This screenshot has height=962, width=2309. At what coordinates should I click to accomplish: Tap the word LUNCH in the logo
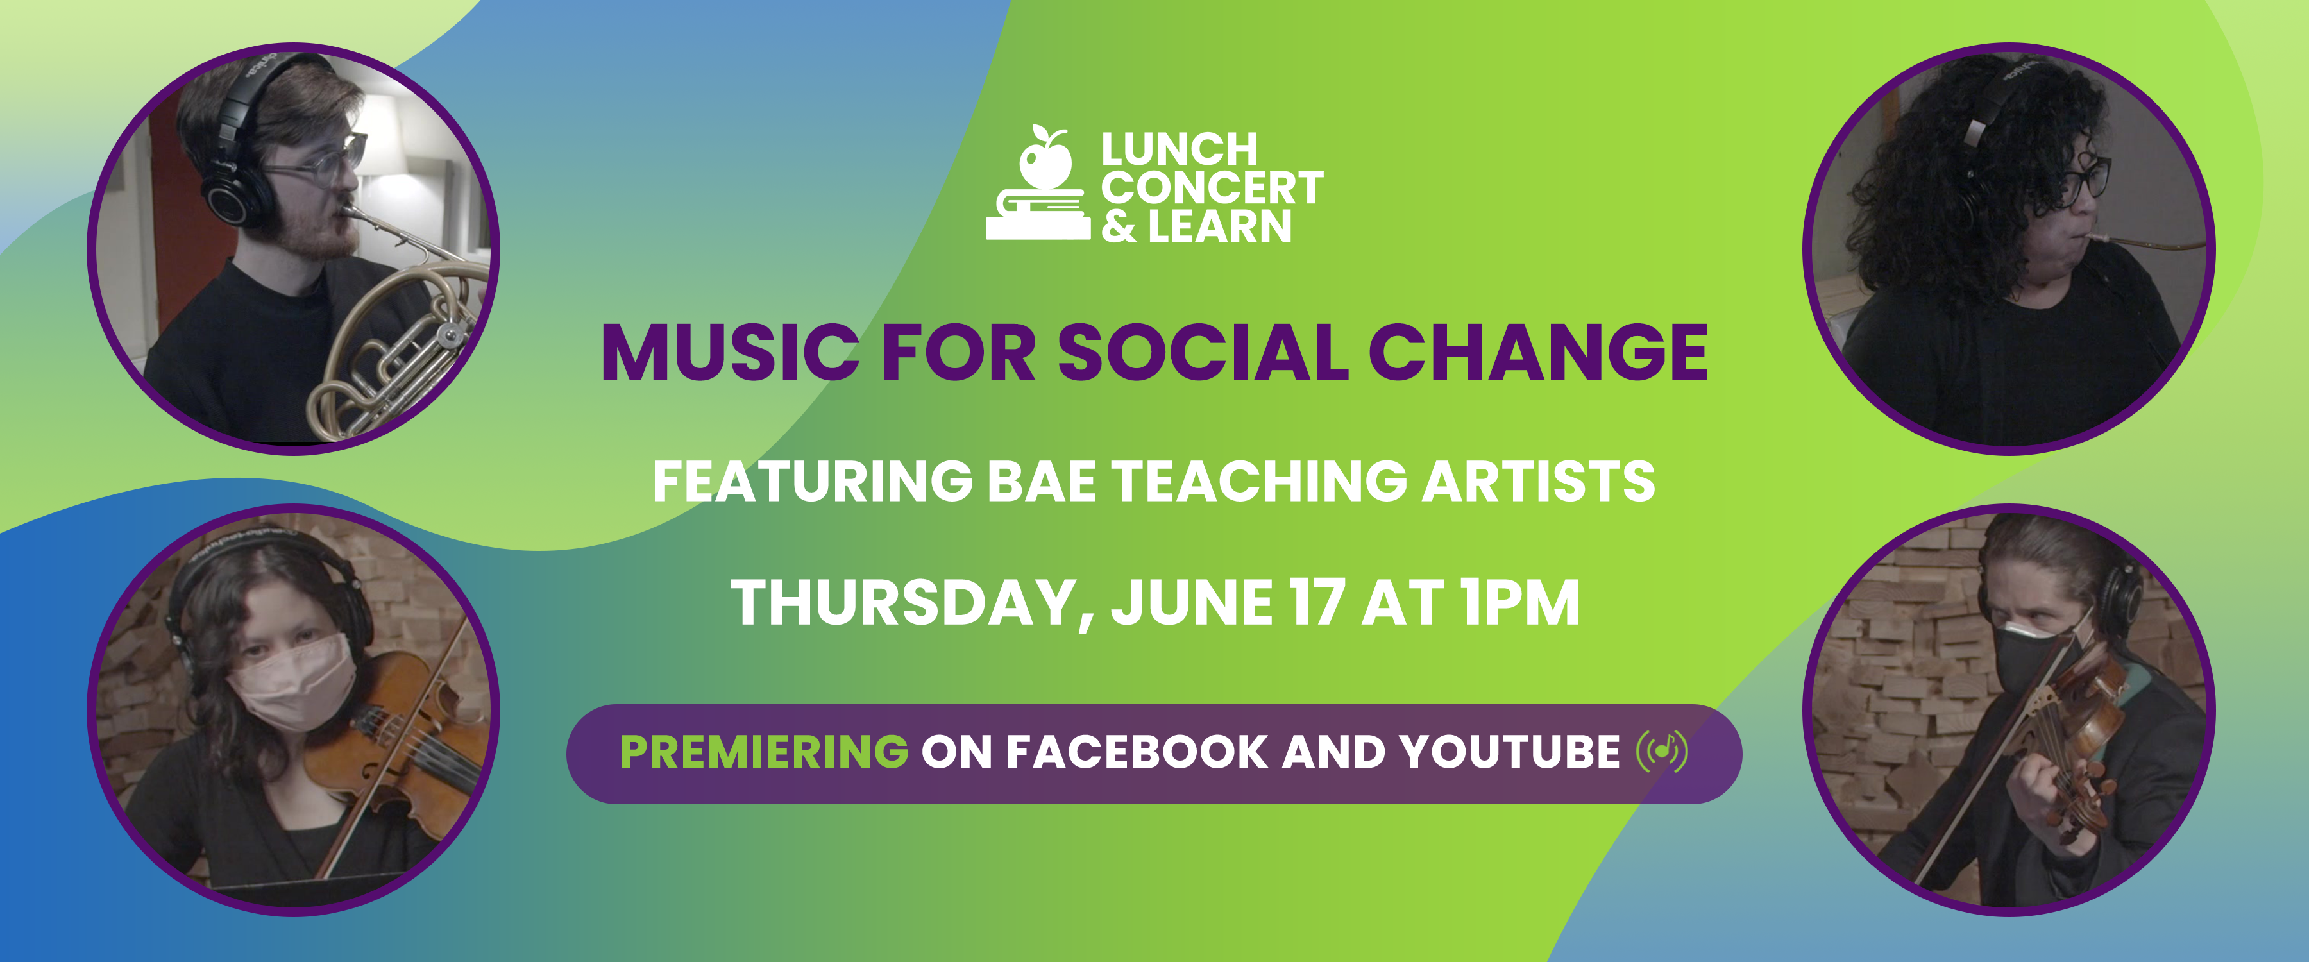tap(1180, 149)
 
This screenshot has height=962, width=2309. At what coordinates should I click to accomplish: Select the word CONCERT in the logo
tap(1212, 187)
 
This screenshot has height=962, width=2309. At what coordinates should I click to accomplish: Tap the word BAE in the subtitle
tap(1042, 482)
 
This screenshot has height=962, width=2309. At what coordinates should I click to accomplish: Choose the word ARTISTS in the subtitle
tap(1538, 482)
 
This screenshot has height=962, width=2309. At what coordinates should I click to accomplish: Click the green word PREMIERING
tap(764, 752)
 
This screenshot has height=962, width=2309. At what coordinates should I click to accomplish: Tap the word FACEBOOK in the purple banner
tap(1137, 752)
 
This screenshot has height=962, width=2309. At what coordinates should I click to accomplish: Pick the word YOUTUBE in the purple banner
tap(1510, 752)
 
